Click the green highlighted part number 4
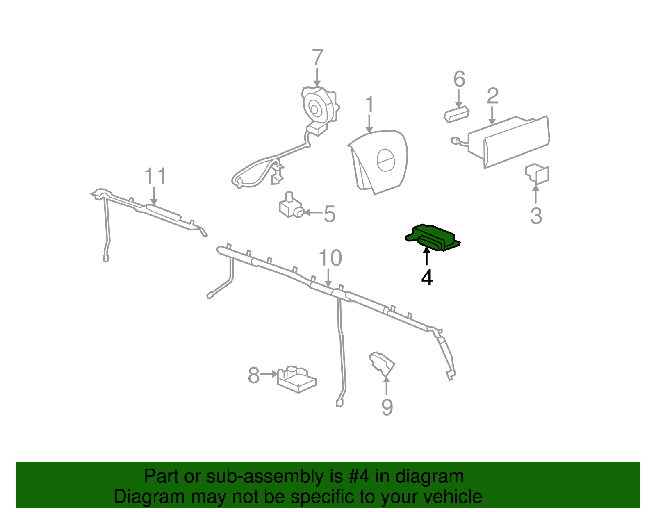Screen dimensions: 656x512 432,237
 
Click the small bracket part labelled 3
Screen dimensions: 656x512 537,174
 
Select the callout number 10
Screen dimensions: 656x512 330,258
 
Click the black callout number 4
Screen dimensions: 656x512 427,278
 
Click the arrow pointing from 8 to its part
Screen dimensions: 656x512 269,374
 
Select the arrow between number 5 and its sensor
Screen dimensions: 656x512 313,212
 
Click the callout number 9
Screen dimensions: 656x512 387,407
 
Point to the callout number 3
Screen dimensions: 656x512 536,216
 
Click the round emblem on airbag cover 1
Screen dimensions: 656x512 386,160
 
